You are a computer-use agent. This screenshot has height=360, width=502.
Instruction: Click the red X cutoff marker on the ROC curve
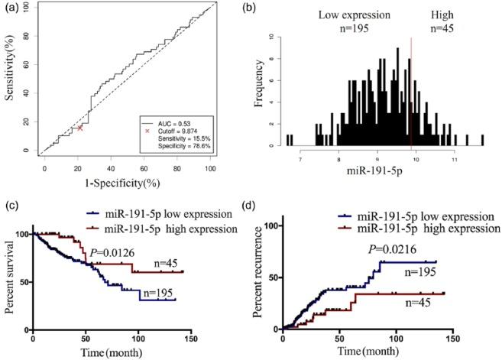tap(80, 128)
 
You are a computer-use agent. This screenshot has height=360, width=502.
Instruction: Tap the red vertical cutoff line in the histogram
tap(411, 92)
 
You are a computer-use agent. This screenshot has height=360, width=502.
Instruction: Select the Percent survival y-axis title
tap(10, 281)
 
